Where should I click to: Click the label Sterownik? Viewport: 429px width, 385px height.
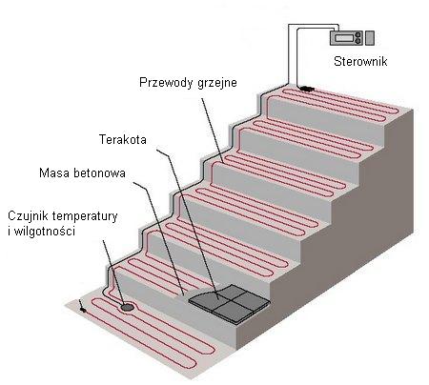click(x=360, y=61)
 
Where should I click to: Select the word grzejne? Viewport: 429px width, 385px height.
click(x=217, y=83)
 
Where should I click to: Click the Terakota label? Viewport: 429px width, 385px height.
click(x=123, y=139)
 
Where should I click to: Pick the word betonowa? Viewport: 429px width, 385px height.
click(x=99, y=173)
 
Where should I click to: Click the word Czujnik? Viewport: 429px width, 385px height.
click(x=28, y=216)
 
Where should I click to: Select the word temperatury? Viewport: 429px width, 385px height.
click(x=85, y=216)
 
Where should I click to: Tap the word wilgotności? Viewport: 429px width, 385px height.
click(x=43, y=231)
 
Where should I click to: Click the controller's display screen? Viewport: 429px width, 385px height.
click(x=343, y=38)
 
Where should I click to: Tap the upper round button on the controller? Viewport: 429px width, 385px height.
click(x=357, y=34)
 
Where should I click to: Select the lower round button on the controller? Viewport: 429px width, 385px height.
click(x=357, y=41)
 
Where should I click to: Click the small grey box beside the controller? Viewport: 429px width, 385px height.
click(x=369, y=38)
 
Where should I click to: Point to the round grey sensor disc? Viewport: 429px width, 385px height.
click(x=127, y=307)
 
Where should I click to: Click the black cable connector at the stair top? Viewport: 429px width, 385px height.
click(x=306, y=88)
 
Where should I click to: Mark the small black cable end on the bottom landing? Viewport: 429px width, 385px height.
click(x=82, y=309)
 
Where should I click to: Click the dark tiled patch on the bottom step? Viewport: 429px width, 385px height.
click(x=230, y=304)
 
